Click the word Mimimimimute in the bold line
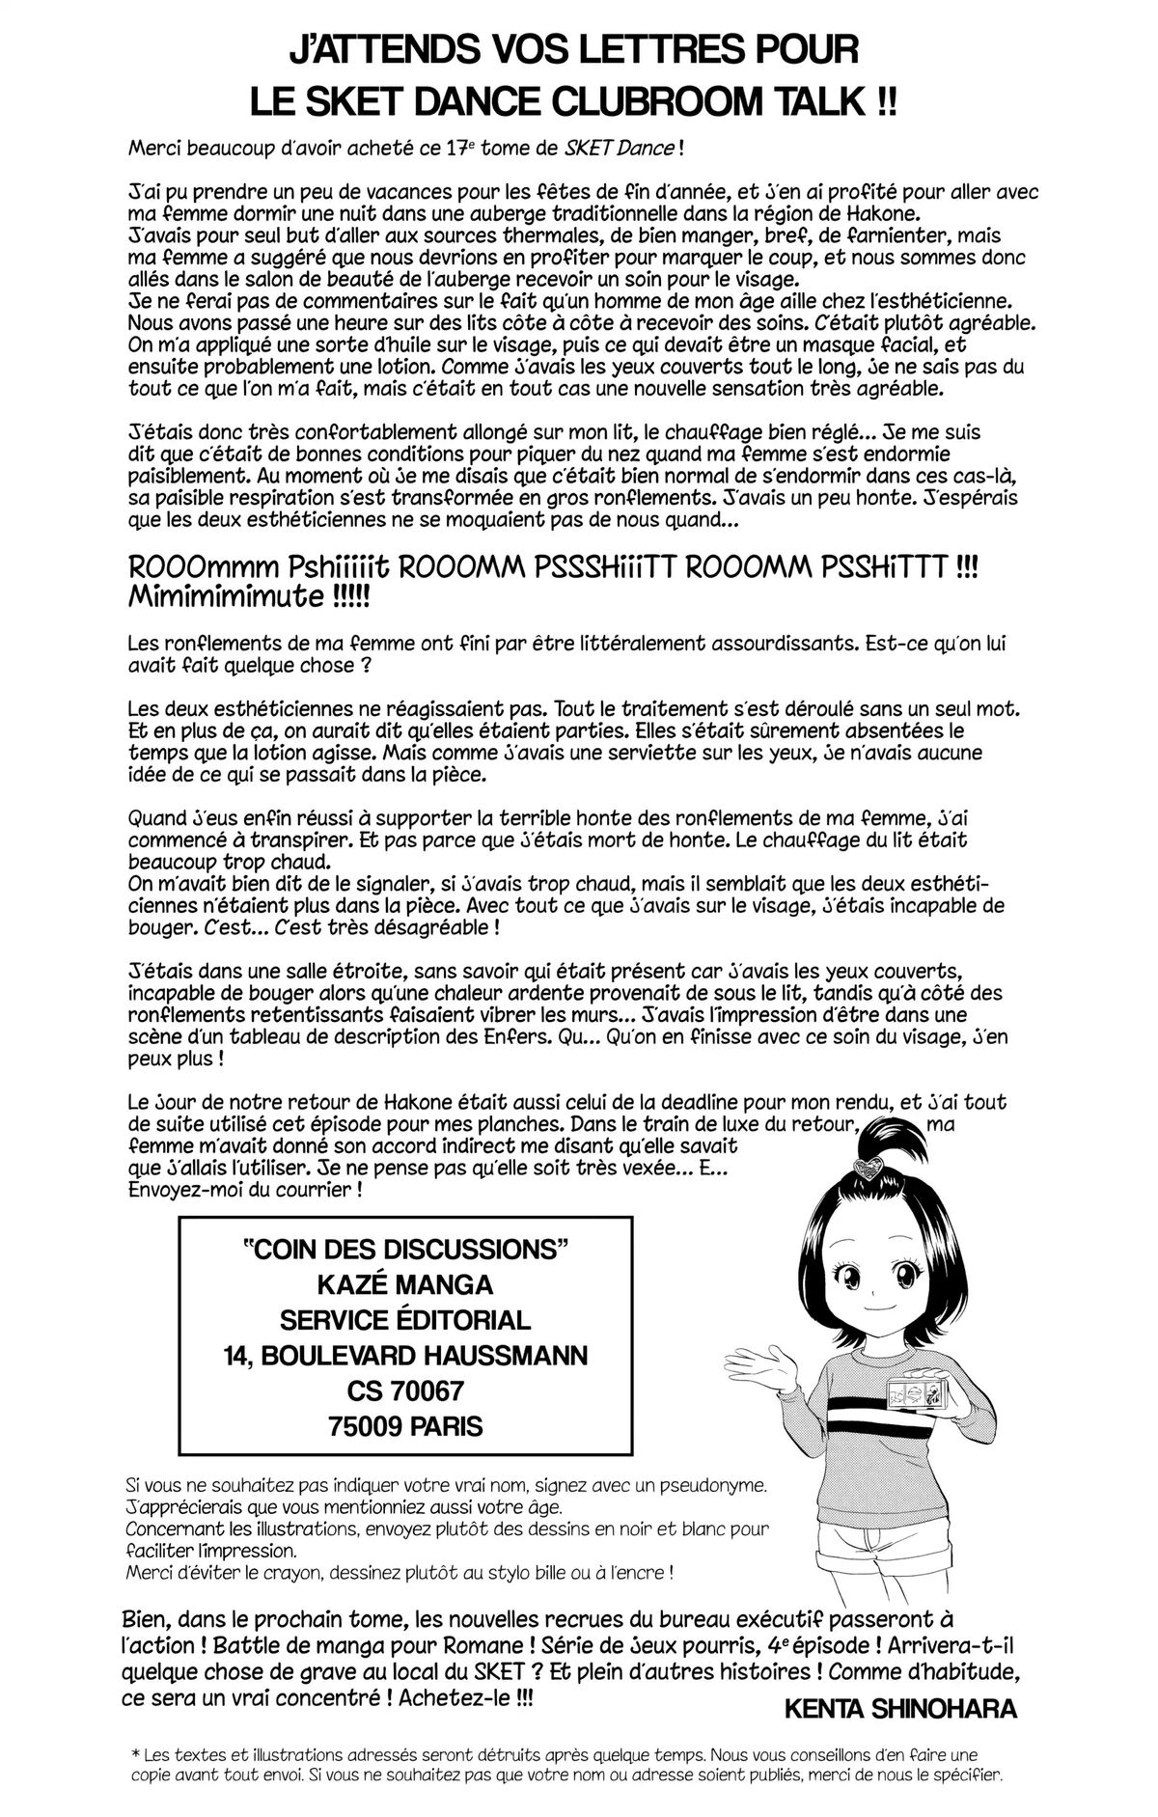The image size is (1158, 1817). pos(229,596)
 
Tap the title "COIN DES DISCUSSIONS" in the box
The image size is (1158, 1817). pos(402,1249)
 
